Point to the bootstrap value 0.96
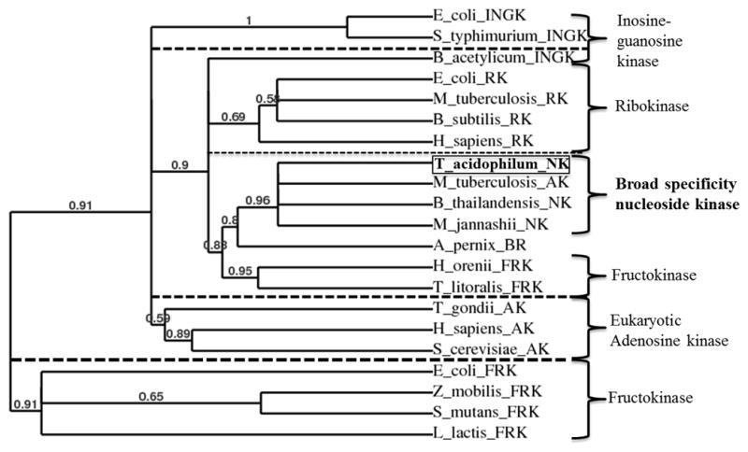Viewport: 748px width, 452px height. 258,200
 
